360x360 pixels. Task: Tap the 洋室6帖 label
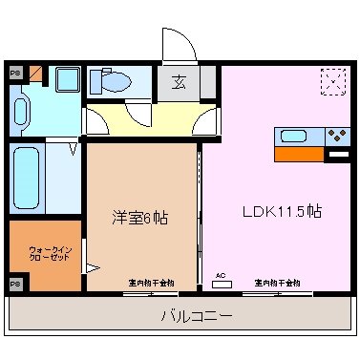click(140, 218)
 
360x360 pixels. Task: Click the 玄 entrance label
click(179, 83)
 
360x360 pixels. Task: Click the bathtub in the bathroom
click(27, 180)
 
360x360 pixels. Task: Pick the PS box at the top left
click(15, 73)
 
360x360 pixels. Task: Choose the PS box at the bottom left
click(15, 284)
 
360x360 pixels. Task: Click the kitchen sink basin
click(294, 135)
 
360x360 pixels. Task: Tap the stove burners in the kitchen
click(336, 135)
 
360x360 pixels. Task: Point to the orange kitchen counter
click(300, 152)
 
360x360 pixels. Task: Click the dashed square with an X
click(334, 81)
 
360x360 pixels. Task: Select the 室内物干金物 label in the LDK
click(277, 283)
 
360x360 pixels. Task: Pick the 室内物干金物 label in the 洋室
click(151, 283)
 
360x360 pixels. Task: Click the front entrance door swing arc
click(177, 44)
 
